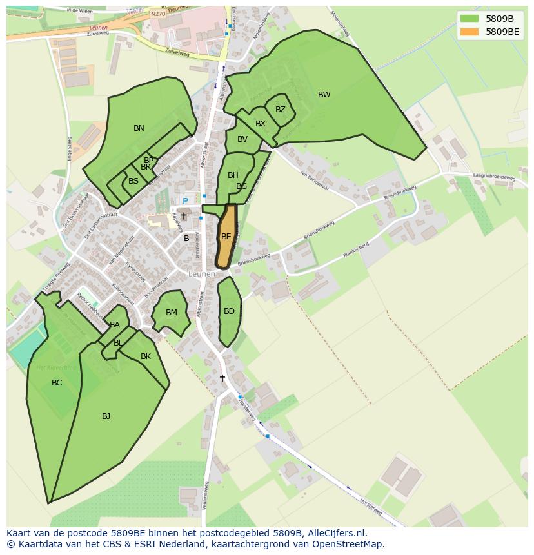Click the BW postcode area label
click(x=324, y=95)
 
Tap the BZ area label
click(x=280, y=110)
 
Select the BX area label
click(x=261, y=124)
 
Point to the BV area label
click(x=242, y=139)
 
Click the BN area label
click(x=139, y=128)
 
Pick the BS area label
click(x=133, y=181)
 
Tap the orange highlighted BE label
click(x=226, y=237)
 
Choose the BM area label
click(x=171, y=313)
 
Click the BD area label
click(x=229, y=311)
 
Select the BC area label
click(x=57, y=383)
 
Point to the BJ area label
click(x=106, y=416)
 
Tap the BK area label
click(x=146, y=356)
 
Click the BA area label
click(x=115, y=325)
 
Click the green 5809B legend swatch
click(x=469, y=19)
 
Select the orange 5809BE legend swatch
click(x=469, y=31)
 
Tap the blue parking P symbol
click(x=185, y=202)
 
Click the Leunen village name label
click(x=202, y=274)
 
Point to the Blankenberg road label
click(x=355, y=249)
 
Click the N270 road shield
click(x=157, y=13)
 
